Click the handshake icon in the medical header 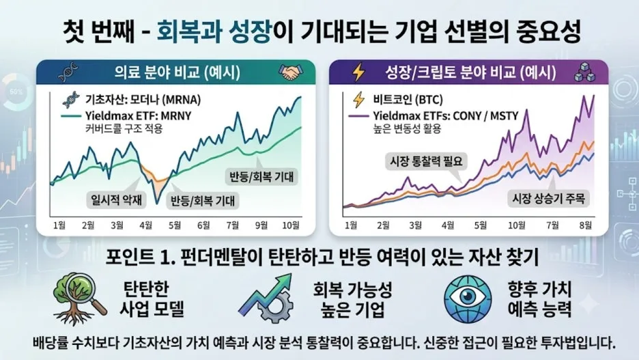tap(291, 72)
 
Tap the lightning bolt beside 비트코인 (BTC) tap(358, 100)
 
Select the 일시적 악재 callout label tap(117, 199)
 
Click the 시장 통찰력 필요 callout tap(426, 161)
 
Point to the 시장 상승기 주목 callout tap(548, 199)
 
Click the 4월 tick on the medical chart tap(145, 225)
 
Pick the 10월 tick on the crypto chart tap(516, 225)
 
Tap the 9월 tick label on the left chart tap(261, 225)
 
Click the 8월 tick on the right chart tap(585, 225)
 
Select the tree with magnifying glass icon tap(79, 299)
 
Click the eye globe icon tap(468, 299)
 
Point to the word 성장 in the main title tap(249, 32)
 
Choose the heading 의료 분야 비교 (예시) tap(177, 72)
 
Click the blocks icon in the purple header tap(584, 72)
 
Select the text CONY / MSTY tap(485, 115)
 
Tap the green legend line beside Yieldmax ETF tap(71, 115)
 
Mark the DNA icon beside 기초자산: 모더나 tap(70, 100)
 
